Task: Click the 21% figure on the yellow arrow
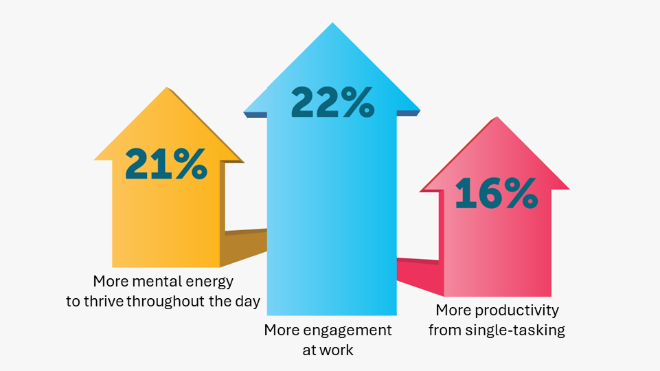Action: pyautogui.click(x=166, y=165)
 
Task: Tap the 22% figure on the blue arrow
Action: pyautogui.click(x=332, y=102)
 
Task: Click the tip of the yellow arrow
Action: pyautogui.click(x=170, y=89)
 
